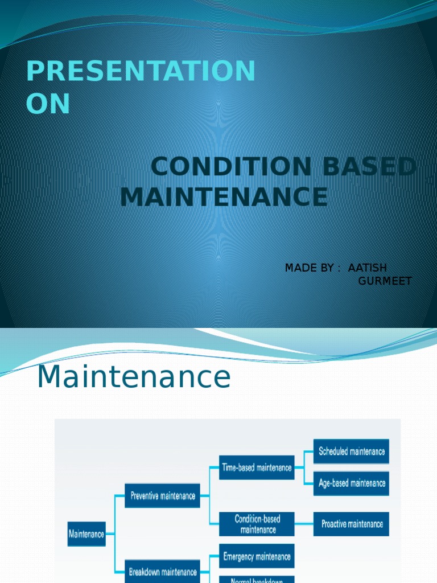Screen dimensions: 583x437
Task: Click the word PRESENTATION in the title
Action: (141, 72)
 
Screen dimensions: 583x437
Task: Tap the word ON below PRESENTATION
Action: (48, 104)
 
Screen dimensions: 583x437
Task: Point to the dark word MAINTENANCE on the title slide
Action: (224, 197)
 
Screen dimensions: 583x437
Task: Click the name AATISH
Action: (368, 268)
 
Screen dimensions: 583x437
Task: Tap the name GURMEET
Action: (385, 281)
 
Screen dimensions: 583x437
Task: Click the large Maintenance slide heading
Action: (134, 377)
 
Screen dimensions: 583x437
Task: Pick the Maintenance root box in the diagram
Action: (86, 534)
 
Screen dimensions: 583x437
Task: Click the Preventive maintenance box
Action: (163, 496)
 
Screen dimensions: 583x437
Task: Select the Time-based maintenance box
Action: (257, 467)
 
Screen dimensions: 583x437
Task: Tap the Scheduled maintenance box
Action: (351, 451)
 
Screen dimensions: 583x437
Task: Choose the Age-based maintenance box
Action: (351, 483)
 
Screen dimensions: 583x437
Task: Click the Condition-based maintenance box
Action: (257, 524)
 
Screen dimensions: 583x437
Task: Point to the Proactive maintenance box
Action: (351, 524)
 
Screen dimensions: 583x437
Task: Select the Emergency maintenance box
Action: (257, 556)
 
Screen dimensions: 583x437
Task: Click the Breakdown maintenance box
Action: (163, 572)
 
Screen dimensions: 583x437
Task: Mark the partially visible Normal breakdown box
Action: (257, 579)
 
